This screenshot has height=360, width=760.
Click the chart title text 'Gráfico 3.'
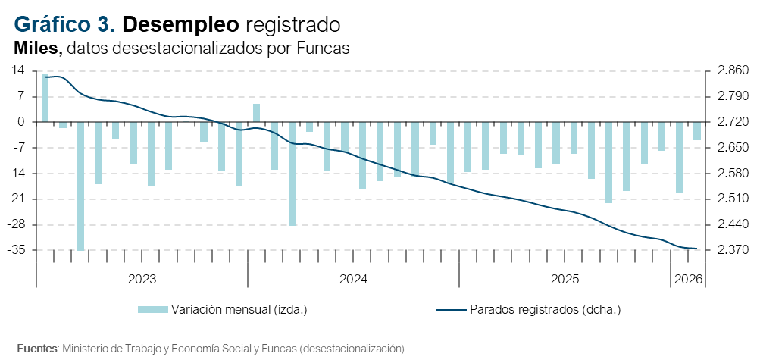coord(64,24)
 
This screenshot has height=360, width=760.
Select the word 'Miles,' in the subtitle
coord(38,48)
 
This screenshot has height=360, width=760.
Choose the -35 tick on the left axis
coord(15,250)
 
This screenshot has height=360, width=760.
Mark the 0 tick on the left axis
coord(21,122)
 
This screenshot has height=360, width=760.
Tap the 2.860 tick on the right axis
coord(727,70)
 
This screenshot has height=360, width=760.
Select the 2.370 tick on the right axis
coord(727,250)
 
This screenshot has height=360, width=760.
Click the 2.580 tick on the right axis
coord(727,174)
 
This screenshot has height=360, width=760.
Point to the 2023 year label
coord(142,280)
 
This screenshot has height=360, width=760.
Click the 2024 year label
coord(353,280)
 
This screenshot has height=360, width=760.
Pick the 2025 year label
coord(565,280)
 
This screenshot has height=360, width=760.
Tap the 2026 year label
coord(687,280)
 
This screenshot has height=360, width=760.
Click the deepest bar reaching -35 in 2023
coord(81,186)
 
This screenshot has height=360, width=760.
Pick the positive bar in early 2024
coord(257,113)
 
